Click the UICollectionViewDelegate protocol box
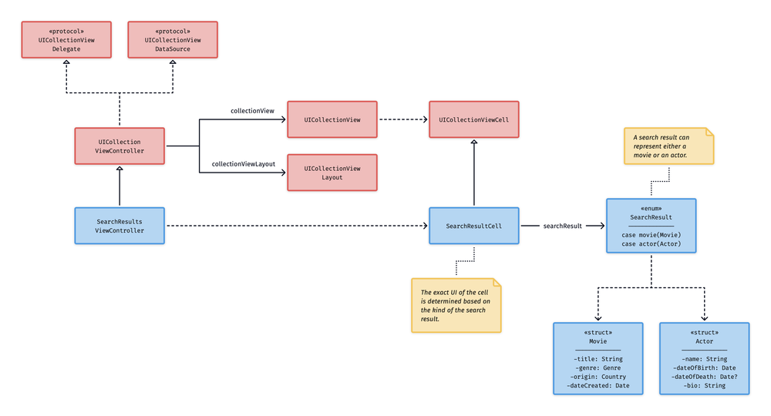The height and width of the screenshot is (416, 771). coord(66,40)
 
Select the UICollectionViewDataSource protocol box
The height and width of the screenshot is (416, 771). coord(173,40)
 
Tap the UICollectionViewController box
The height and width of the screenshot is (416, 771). coord(120,146)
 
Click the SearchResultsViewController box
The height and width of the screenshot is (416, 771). coord(120,225)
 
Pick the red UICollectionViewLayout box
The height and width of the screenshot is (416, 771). coord(332,173)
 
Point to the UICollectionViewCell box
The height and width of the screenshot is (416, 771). coord(474,120)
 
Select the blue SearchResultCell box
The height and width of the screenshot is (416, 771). coord(474,226)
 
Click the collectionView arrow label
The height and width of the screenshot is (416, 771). coord(252,111)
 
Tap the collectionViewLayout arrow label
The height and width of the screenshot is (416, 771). coord(244,164)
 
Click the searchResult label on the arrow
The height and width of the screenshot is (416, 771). coord(562,226)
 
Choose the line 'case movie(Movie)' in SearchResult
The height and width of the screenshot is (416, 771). coord(651,235)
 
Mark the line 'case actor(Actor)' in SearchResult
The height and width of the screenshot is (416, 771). coord(651,245)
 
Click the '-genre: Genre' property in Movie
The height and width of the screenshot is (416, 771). coord(598,368)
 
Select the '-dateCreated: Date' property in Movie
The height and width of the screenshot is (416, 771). coord(598,386)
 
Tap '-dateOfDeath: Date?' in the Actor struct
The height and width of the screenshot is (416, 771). coord(704,377)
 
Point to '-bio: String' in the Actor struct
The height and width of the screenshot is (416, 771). coord(704,386)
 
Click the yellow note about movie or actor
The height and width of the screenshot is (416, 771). coord(668,146)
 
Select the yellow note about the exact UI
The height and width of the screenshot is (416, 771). coord(456,305)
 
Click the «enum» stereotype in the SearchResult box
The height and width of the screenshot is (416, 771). coord(651,208)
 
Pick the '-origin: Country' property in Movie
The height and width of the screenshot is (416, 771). coord(598,377)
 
